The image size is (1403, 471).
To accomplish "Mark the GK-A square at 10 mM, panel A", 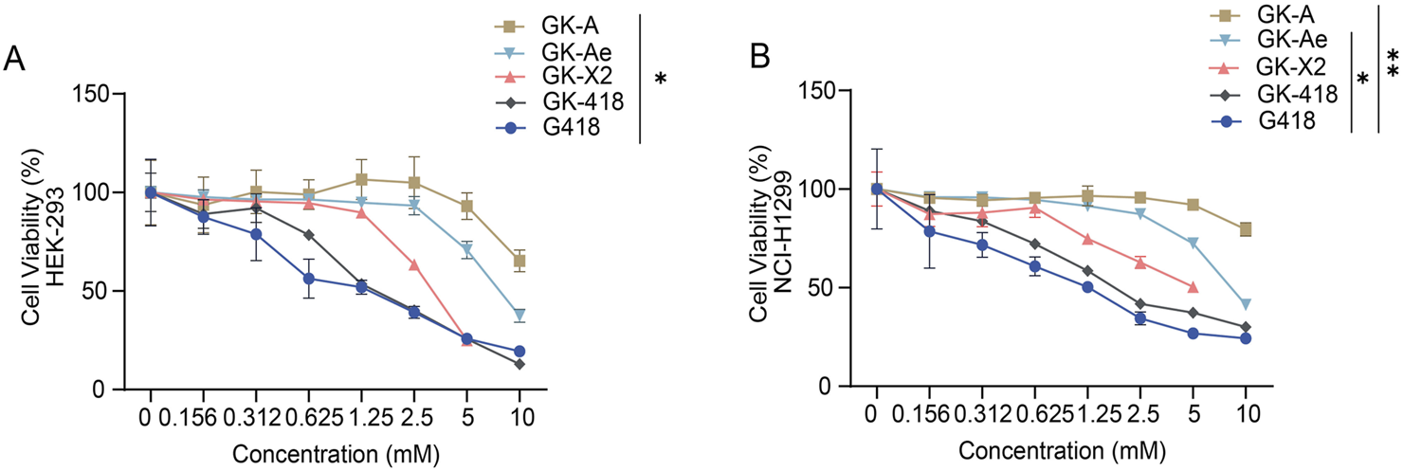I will click(x=519, y=261).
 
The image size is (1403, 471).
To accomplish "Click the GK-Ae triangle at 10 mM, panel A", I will click(x=519, y=315).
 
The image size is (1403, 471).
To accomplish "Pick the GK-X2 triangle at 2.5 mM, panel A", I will click(x=413, y=264).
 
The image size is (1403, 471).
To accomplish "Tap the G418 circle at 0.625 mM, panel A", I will click(x=307, y=279).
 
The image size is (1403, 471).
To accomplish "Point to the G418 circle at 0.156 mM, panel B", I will click(x=930, y=231).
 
